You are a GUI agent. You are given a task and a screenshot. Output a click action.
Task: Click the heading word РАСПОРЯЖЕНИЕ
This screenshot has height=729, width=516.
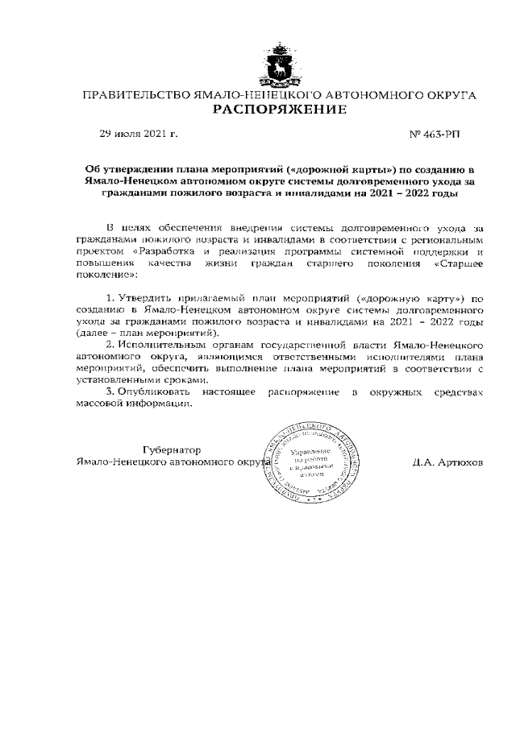tap(279, 109)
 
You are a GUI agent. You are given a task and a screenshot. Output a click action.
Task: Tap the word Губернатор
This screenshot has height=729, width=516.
tap(172, 449)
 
